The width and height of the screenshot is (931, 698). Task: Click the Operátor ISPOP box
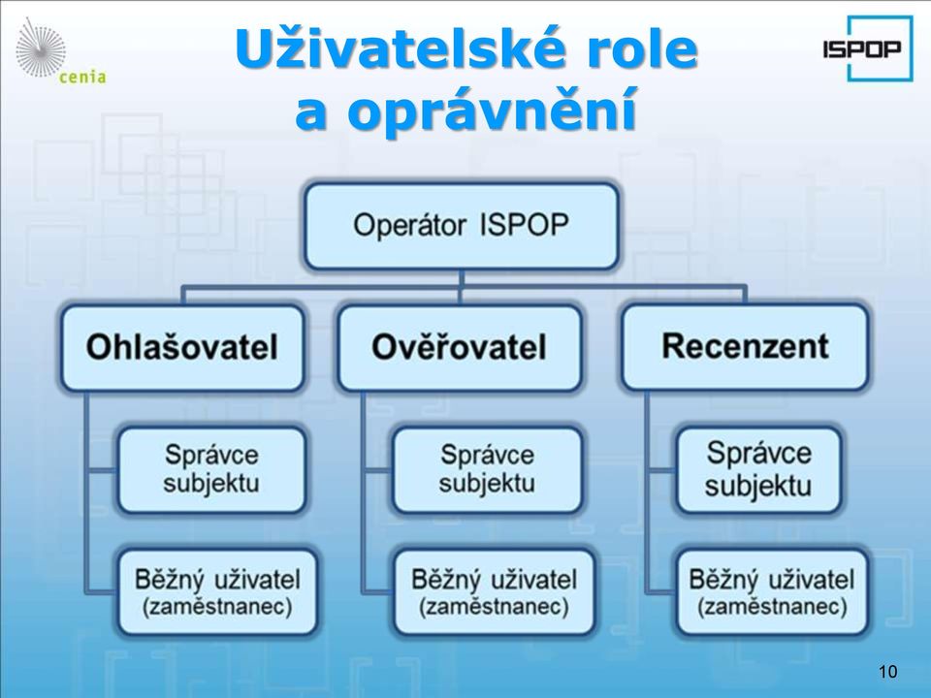click(x=462, y=226)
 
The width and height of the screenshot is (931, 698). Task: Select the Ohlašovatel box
click(x=182, y=348)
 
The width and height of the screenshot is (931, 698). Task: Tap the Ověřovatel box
click(x=459, y=348)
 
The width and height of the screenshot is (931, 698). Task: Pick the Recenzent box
click(x=745, y=347)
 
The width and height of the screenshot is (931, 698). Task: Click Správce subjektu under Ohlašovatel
click(x=212, y=469)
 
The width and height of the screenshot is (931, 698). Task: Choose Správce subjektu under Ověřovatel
click(x=487, y=469)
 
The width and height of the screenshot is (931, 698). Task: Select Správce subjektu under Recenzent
click(x=758, y=469)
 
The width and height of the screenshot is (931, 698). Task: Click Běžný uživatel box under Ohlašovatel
click(x=217, y=592)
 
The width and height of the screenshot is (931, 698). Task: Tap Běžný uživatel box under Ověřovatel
click(x=494, y=592)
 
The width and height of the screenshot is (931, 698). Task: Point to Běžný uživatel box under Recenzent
click(x=772, y=592)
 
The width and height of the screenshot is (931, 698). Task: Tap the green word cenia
click(x=82, y=78)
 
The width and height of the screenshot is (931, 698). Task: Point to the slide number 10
click(x=887, y=671)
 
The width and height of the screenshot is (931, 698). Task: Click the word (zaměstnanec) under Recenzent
click(x=772, y=607)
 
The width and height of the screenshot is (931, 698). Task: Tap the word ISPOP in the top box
click(x=524, y=226)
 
